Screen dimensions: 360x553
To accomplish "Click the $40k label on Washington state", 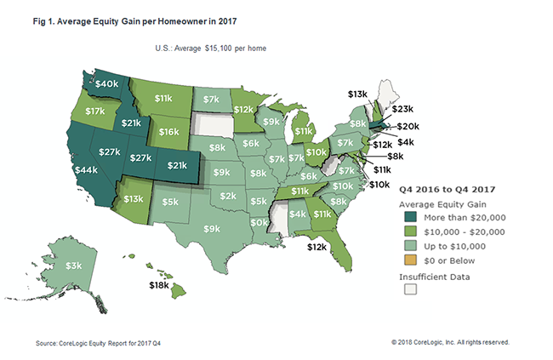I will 106,84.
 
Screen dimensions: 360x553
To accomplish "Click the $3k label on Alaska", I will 74,266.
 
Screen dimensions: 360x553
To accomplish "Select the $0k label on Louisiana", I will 259,222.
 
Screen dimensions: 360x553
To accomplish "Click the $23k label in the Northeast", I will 402,109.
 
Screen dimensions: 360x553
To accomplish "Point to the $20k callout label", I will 408,126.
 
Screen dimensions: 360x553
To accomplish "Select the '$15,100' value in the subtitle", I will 217,49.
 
